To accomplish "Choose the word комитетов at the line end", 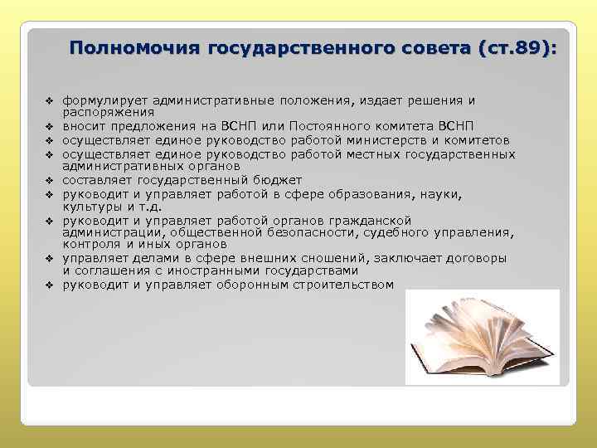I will [481, 140].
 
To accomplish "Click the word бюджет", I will [278, 180].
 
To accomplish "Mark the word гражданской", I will [370, 220].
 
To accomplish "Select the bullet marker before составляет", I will [50, 180].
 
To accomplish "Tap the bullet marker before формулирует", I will [50, 101].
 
